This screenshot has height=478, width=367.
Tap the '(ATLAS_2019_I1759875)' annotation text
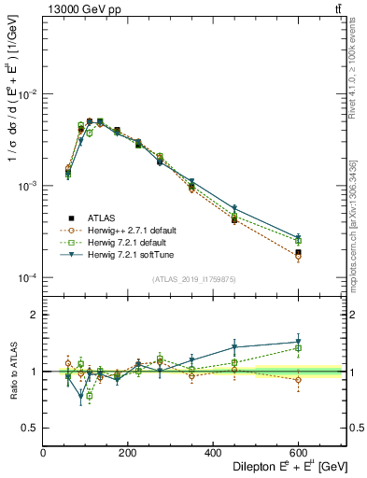point(193,278)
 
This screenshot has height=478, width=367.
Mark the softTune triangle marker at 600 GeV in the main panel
point(298,238)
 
